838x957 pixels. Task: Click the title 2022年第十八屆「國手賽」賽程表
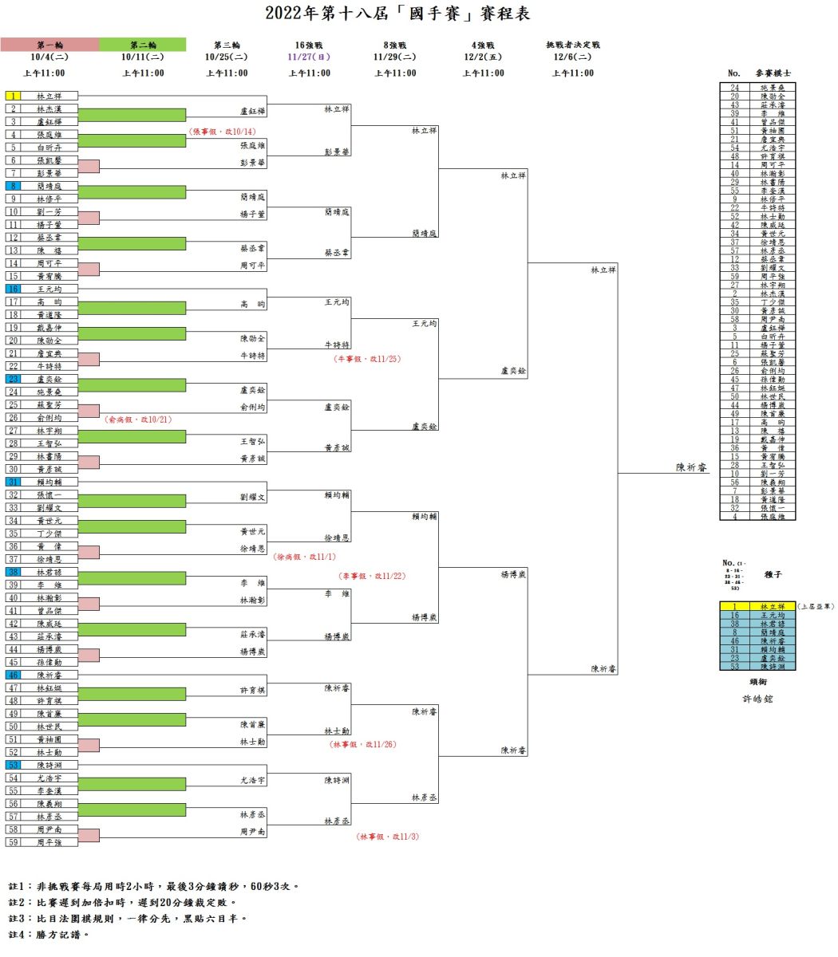tap(397, 14)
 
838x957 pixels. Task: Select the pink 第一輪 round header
tap(49, 45)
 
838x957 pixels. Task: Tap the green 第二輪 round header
tap(143, 45)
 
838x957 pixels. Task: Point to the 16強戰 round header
tap(309, 45)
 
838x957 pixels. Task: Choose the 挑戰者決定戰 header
tap(572, 45)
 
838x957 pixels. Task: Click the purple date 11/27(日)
tap(309, 57)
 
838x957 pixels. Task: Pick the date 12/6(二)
tap(572, 57)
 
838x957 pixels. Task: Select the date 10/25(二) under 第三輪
tap(227, 57)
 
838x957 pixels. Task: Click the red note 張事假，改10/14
tap(223, 132)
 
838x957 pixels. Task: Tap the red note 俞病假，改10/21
tap(138, 419)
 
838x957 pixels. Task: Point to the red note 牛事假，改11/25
tap(367, 359)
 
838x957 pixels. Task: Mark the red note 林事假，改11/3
tap(387, 837)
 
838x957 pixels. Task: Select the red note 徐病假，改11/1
tap(304, 557)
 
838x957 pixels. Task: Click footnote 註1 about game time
tap(154, 886)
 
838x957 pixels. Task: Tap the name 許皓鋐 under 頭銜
tap(757, 699)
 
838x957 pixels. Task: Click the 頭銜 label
tap(757, 682)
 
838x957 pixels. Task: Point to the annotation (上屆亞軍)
tap(816, 607)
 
